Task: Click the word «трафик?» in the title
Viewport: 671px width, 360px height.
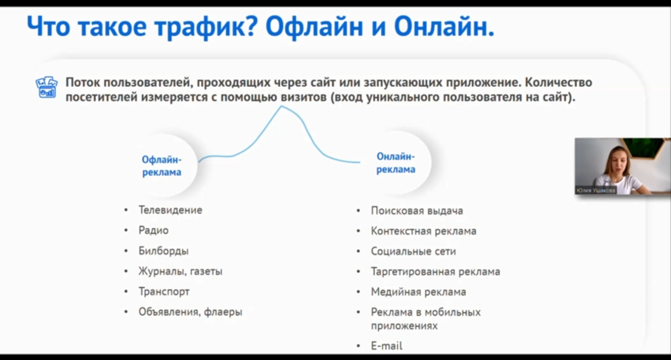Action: tap(206, 27)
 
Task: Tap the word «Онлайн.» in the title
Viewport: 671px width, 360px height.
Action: tap(444, 26)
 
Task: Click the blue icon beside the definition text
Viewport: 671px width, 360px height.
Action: tap(46, 87)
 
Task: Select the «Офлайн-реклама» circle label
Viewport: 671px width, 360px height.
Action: tap(162, 165)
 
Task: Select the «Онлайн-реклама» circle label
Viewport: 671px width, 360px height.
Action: tap(396, 163)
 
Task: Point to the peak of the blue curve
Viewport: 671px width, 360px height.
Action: tap(281, 106)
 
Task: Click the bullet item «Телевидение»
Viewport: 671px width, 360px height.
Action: tap(170, 210)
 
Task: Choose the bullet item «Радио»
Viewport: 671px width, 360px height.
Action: tap(153, 230)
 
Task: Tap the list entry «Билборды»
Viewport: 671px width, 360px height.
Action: tap(163, 251)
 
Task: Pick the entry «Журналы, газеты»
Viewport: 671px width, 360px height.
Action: tap(180, 272)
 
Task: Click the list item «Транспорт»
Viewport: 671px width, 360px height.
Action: tap(164, 292)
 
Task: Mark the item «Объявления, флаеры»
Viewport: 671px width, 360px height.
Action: tap(190, 312)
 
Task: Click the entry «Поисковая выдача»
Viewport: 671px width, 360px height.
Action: tap(417, 211)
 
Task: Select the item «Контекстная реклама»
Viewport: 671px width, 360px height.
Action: tap(423, 231)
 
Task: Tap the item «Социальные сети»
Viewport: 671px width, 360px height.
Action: tap(413, 251)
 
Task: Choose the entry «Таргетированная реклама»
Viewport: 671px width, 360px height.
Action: tap(436, 272)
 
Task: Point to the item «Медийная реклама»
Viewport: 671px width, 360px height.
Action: tap(419, 292)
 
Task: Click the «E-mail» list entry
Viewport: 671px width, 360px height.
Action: tap(386, 346)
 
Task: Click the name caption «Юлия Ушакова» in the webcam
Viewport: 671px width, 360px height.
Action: tap(596, 191)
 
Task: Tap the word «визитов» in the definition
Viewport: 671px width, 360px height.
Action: tap(304, 97)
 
